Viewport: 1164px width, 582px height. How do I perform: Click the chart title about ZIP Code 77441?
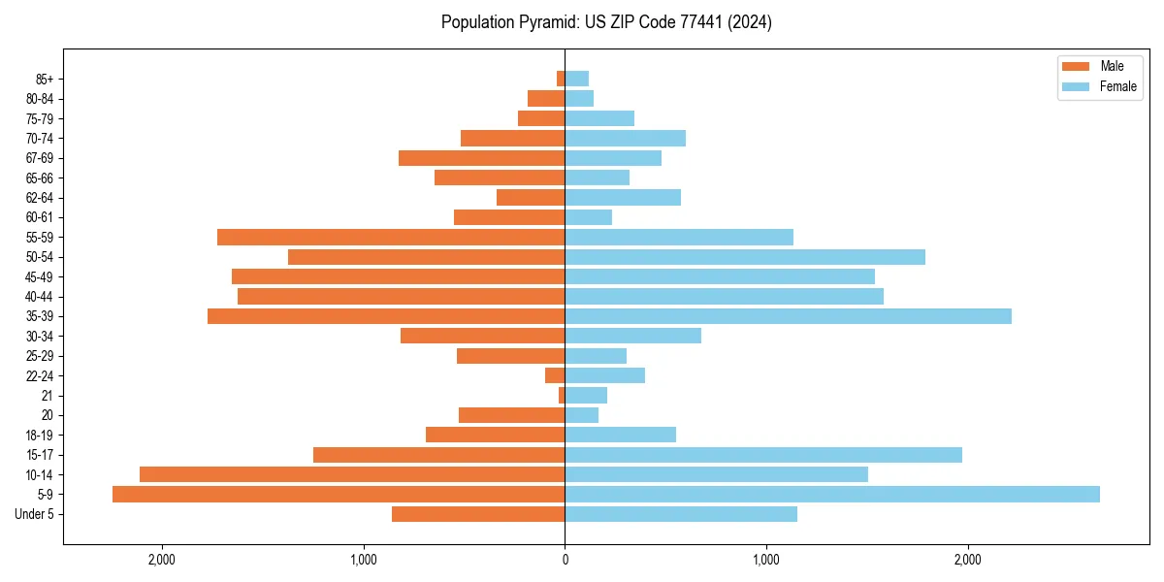(606, 22)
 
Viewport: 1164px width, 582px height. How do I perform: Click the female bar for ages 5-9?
(832, 494)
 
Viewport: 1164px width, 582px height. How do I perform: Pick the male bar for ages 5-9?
(339, 494)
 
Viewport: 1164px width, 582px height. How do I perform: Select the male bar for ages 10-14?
(352, 474)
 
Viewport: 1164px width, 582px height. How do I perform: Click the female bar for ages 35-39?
(788, 316)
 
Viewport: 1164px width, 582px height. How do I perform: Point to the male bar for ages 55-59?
(391, 237)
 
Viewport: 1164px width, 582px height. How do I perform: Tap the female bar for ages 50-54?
(745, 257)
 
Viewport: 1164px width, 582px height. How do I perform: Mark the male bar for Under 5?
(478, 514)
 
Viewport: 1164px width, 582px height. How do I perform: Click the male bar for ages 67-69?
(481, 158)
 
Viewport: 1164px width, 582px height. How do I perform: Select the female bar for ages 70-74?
(625, 138)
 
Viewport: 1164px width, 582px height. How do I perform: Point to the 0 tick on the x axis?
(565, 560)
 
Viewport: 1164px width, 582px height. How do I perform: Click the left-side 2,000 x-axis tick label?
(161, 560)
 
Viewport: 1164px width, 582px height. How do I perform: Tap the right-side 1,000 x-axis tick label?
(766, 560)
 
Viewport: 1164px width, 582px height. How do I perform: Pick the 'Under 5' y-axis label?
(35, 514)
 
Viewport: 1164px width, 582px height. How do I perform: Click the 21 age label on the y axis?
(48, 396)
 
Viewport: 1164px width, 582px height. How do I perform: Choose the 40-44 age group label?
(39, 297)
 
